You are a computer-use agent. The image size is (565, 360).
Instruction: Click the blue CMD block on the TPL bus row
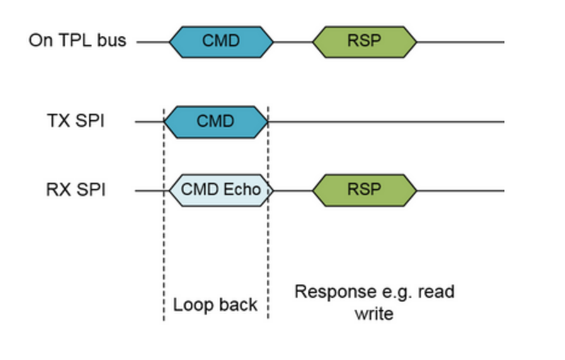220,40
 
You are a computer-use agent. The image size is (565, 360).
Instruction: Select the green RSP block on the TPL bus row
364,40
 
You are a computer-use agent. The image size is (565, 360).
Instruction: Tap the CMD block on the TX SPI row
216,122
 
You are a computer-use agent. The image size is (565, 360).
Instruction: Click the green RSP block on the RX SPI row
364,190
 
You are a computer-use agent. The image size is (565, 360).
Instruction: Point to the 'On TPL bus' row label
77,40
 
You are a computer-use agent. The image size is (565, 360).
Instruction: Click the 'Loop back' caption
216,304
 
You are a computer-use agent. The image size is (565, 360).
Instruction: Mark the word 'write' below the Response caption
374,312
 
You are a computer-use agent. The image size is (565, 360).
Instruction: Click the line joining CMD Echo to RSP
293,190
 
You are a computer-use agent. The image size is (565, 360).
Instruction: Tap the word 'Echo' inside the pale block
245,190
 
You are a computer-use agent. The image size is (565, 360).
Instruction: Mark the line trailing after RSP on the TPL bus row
461,40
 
